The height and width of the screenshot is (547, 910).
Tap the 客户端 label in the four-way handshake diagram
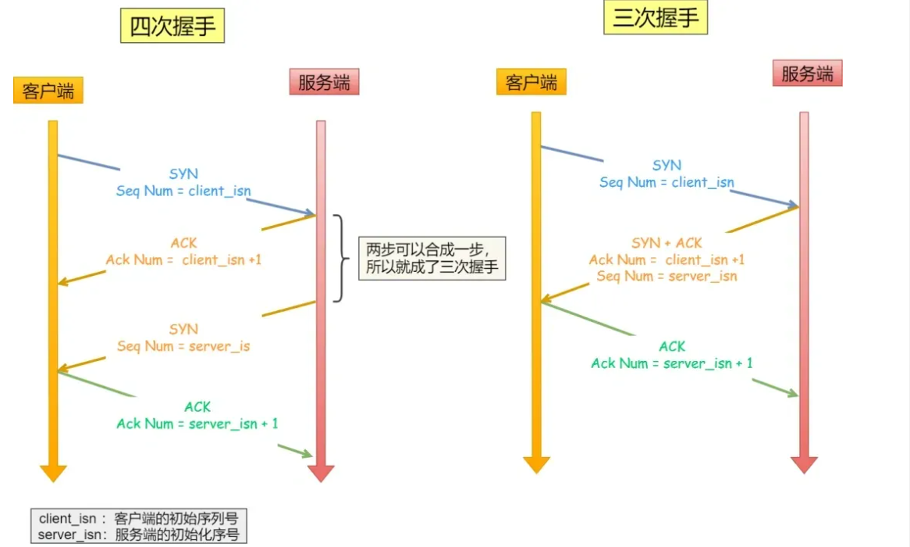pos(48,91)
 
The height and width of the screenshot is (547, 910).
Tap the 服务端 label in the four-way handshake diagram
pos(324,82)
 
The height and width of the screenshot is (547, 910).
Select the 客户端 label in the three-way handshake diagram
pos(531,82)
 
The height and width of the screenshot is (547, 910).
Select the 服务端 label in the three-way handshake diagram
pos(807,73)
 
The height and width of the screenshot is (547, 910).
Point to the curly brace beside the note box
pos(339,258)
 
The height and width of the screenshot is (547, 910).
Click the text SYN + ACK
pos(667,243)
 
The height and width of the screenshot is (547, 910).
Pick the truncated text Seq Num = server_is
pos(183,345)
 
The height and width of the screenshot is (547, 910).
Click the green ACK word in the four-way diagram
pos(197,407)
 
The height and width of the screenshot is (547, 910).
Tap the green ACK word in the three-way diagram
pos(672,346)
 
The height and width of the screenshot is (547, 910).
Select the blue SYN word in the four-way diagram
pos(184,174)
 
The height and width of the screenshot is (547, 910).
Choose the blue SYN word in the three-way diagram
pos(667,166)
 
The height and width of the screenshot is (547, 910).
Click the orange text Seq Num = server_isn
pos(667,276)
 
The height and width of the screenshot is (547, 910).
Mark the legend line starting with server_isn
pos(138,535)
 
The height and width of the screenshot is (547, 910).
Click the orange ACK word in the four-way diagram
pos(184,243)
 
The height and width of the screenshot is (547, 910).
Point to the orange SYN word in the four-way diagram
pos(184,329)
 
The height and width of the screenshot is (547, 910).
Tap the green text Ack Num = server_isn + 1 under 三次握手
pos(672,363)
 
